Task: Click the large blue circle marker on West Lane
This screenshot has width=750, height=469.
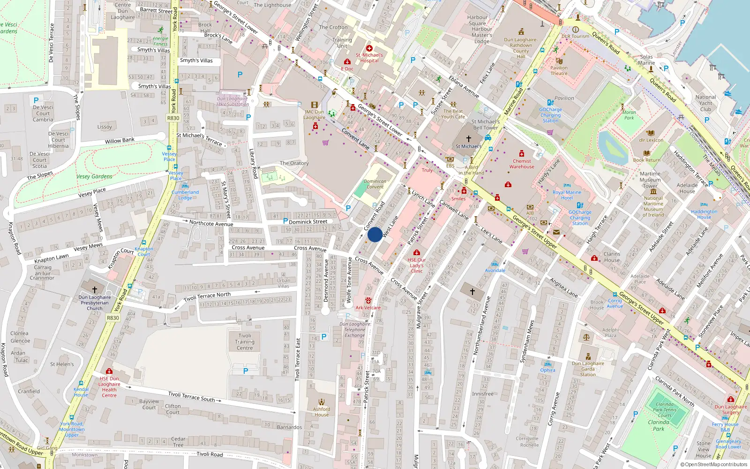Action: click(375, 234)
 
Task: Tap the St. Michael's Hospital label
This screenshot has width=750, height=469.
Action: click(369, 58)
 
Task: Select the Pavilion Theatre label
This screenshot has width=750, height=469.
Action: click(559, 70)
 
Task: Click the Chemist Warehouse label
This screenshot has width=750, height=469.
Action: click(522, 164)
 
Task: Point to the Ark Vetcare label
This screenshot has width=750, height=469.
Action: click(368, 308)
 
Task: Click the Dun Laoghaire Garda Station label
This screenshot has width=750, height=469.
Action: click(588, 369)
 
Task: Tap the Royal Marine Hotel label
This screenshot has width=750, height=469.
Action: click(567, 195)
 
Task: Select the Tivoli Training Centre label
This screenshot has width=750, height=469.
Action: click(245, 342)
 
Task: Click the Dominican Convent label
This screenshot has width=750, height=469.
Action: click(375, 184)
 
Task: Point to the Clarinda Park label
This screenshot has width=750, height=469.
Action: click(659, 425)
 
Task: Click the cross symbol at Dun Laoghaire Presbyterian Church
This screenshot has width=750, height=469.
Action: click(95, 289)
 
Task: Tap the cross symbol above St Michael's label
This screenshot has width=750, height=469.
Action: click(468, 139)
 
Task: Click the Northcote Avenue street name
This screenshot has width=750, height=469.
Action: click(211, 223)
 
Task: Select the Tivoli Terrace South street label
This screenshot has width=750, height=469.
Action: click(191, 397)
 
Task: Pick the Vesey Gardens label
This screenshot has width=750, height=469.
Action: click(94, 176)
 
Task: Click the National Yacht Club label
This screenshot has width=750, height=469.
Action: click(705, 103)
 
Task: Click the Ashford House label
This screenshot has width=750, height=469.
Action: click(322, 412)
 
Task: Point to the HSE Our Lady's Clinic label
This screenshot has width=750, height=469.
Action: click(417, 265)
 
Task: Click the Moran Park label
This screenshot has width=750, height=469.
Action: click(629, 115)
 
